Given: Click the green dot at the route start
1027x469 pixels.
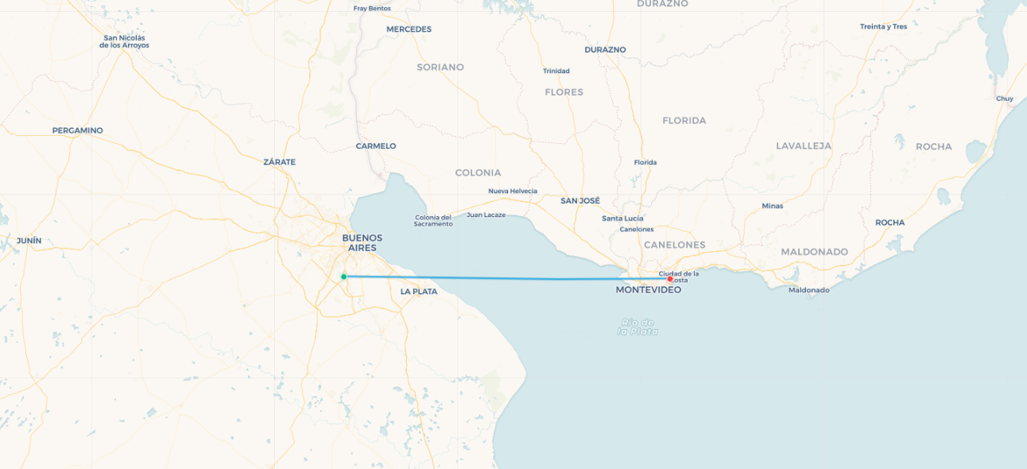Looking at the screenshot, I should click(x=343, y=277).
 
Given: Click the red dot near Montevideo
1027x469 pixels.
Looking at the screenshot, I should click(x=670, y=279).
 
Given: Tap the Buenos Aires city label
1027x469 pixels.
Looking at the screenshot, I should click(x=362, y=242).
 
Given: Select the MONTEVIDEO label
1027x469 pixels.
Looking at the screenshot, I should click(x=648, y=290).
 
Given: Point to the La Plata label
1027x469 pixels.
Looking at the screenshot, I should click(x=418, y=292).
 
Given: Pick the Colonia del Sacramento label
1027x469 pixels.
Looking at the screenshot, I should click(x=433, y=221).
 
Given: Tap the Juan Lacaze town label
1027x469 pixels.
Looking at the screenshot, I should click(x=486, y=215).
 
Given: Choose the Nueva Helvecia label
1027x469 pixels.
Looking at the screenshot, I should click(x=512, y=191).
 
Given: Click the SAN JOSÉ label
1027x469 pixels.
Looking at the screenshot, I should click(x=579, y=201).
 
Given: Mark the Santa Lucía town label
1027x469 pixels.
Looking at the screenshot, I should click(x=622, y=219).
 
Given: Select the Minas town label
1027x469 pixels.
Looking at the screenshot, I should click(x=772, y=206).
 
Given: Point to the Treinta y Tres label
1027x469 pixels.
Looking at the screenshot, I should click(x=883, y=27).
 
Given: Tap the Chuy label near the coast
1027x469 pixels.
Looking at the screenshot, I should click(x=1004, y=99).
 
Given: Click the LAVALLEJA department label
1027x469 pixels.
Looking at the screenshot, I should click(x=803, y=146).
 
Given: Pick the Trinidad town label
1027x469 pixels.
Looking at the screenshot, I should click(x=556, y=72).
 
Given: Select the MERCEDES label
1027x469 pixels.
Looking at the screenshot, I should click(x=409, y=29).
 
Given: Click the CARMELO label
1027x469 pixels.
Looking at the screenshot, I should click(x=375, y=146).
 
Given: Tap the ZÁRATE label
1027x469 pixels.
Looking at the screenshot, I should click(x=279, y=162).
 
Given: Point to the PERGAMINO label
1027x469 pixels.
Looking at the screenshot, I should click(x=77, y=130).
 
